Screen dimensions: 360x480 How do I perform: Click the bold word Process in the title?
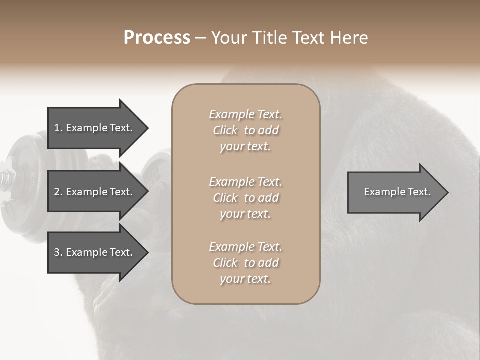click(x=157, y=38)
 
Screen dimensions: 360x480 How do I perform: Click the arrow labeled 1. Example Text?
click(x=95, y=128)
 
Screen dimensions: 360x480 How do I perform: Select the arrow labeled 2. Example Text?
click(x=95, y=192)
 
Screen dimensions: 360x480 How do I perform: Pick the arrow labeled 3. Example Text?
click(x=95, y=252)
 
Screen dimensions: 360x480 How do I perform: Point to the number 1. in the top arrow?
click(x=58, y=128)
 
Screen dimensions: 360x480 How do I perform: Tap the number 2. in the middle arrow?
click(x=58, y=192)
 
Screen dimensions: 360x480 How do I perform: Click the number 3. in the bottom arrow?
click(x=58, y=252)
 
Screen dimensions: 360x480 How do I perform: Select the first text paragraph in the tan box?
click(x=245, y=130)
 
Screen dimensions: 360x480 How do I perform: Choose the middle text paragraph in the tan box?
click(x=245, y=198)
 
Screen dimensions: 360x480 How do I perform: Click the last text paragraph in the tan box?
click(x=245, y=263)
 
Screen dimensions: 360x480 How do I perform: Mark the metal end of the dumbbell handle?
click(x=5, y=179)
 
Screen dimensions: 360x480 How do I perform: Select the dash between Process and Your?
click(x=201, y=38)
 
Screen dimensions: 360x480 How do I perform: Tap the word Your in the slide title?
click(x=227, y=38)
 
